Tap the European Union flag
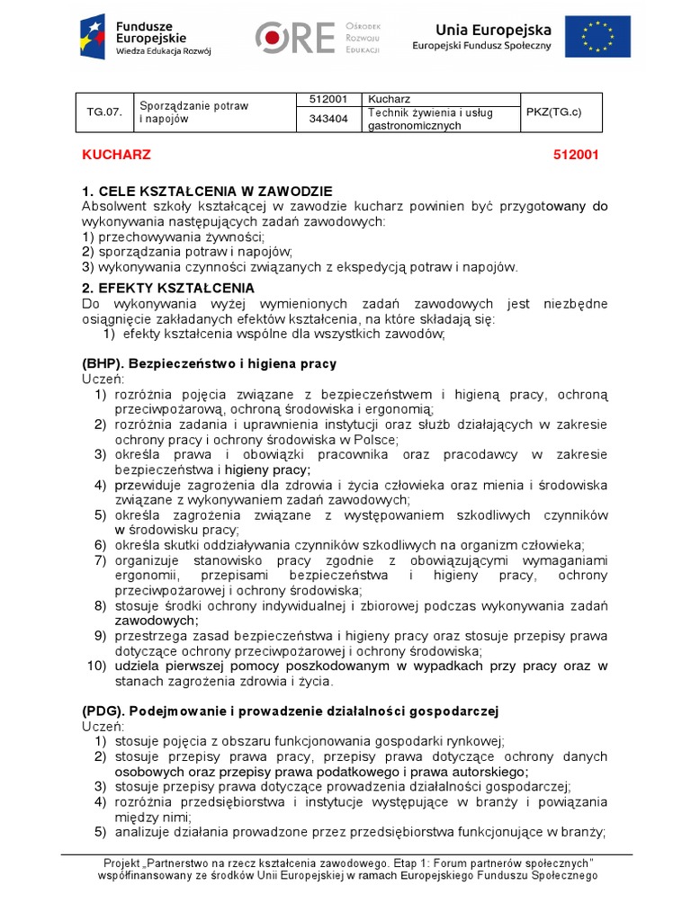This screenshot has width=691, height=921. (x=598, y=36)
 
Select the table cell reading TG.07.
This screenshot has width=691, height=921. (x=102, y=112)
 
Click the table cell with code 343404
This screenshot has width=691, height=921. (x=328, y=120)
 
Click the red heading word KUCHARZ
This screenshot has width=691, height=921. (x=117, y=155)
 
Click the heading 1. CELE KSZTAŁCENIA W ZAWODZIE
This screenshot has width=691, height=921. (x=207, y=191)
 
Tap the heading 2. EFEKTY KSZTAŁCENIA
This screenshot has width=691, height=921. (x=167, y=288)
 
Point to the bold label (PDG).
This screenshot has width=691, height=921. (x=104, y=711)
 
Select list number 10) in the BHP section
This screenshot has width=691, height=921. (x=96, y=666)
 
